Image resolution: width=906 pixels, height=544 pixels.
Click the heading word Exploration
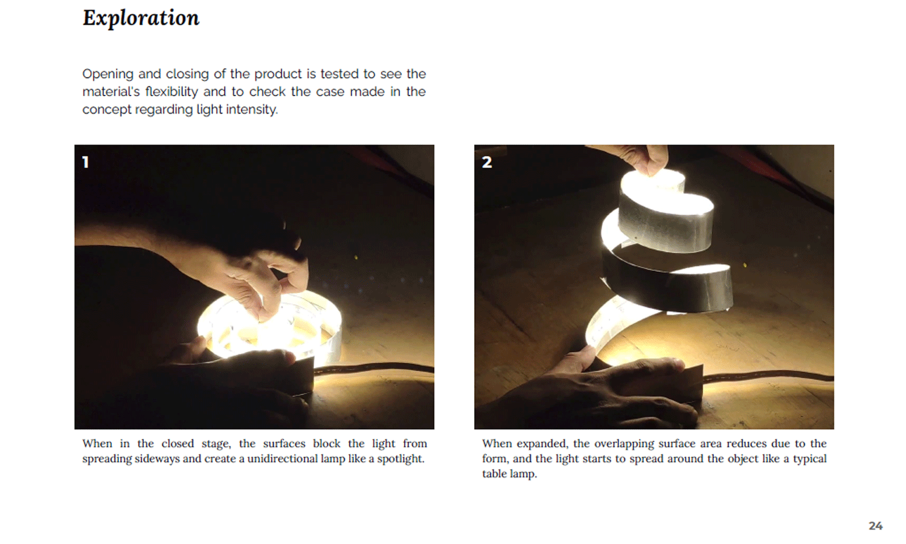[141, 18]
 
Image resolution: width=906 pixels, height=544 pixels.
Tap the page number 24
[875, 526]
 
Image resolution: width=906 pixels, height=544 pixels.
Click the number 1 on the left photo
[85, 163]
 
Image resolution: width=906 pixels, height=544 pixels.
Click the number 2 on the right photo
[487, 163]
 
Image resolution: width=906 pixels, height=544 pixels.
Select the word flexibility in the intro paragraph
[172, 91]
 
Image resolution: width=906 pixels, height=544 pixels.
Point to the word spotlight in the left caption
[400, 459]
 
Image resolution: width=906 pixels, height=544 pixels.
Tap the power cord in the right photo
[768, 377]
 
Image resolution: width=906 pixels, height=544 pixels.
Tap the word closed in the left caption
[178, 444]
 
